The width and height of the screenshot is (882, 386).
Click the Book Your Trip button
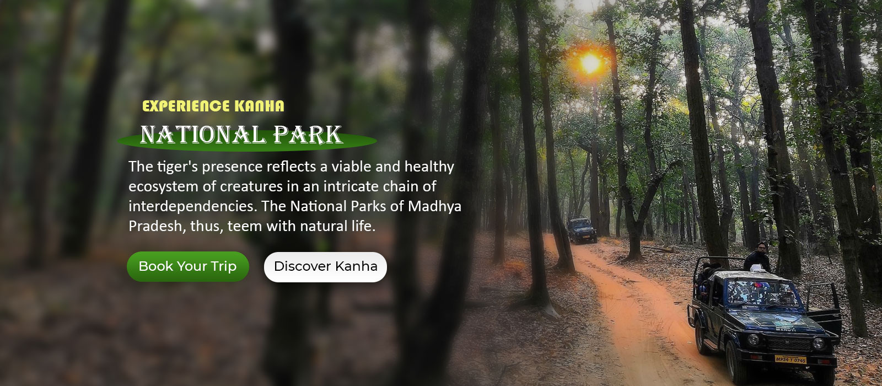[188, 267]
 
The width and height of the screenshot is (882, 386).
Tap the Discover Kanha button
[326, 267]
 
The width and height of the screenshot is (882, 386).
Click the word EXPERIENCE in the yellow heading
[186, 106]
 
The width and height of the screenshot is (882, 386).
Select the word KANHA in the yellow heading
[259, 106]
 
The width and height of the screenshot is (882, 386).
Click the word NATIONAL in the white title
[203, 135]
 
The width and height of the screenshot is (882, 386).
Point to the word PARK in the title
[308, 135]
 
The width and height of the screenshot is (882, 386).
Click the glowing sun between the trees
[590, 63]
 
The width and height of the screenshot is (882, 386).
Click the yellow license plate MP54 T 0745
[790, 359]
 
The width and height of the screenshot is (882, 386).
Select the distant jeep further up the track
[581, 230]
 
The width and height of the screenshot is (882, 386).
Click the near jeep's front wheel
[733, 362]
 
